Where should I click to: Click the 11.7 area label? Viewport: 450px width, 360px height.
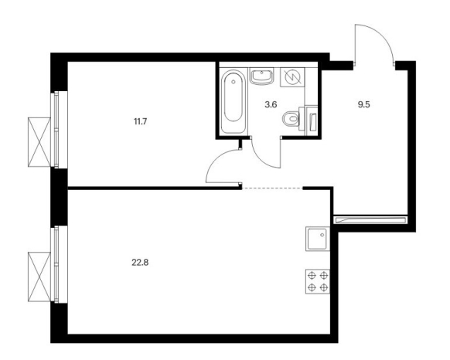click(x=141, y=121)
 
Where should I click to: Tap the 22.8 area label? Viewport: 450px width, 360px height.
click(x=140, y=262)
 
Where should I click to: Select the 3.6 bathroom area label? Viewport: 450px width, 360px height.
click(x=271, y=104)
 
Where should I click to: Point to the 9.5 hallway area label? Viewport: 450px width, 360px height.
click(x=363, y=104)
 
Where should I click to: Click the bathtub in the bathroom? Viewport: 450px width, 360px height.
click(x=234, y=101)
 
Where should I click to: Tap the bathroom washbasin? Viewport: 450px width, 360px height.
click(x=261, y=76)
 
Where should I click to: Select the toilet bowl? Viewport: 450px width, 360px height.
click(x=291, y=118)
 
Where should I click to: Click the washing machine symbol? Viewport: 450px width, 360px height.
click(x=292, y=77)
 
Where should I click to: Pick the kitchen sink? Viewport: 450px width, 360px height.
click(x=318, y=239)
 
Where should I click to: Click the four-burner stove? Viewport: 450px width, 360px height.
click(x=318, y=281)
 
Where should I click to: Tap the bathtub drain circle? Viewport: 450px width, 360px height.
click(x=234, y=82)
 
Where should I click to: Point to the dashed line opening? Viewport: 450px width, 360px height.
click(x=273, y=188)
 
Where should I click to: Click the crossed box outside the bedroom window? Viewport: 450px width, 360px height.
click(x=39, y=142)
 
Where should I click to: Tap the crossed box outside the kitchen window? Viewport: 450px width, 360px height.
click(x=39, y=277)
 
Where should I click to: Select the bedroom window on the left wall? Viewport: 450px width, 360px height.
click(x=59, y=130)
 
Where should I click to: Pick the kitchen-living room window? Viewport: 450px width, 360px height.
click(x=59, y=264)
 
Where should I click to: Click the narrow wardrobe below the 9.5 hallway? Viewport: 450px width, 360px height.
click(x=370, y=219)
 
